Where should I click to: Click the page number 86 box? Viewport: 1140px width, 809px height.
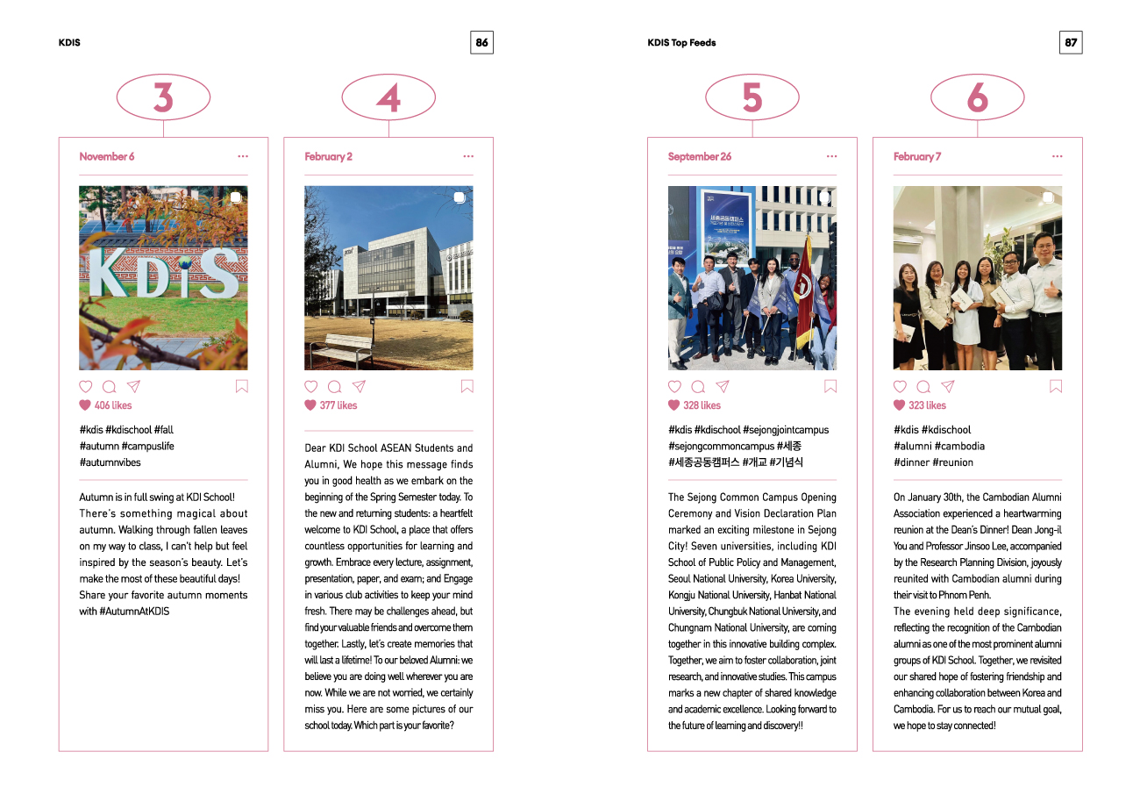click(x=481, y=42)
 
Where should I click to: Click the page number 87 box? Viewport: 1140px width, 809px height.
click(x=1071, y=42)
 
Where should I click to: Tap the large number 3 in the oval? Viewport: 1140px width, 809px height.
click(x=163, y=97)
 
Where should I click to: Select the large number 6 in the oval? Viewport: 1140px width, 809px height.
click(x=977, y=97)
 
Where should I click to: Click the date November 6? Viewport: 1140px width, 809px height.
click(x=107, y=157)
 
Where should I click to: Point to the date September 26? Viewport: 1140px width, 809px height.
click(x=699, y=157)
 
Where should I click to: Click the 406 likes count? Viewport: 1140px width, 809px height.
click(x=113, y=405)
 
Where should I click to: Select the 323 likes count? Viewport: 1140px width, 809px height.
click(x=927, y=405)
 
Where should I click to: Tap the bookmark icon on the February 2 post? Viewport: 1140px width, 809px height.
click(x=467, y=386)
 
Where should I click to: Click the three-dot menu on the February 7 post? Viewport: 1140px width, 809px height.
click(x=1057, y=157)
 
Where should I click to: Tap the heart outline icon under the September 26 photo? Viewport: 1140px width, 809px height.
click(x=674, y=386)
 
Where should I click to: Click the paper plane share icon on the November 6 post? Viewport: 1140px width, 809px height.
click(x=133, y=386)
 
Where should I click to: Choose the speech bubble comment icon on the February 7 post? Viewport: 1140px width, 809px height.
click(x=923, y=386)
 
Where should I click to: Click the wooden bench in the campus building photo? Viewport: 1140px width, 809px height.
click(x=341, y=348)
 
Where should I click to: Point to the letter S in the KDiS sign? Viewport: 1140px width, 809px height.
click(x=219, y=274)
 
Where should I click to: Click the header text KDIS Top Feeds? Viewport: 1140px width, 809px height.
click(x=681, y=42)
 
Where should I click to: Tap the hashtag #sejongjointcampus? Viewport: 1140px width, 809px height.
click(x=786, y=430)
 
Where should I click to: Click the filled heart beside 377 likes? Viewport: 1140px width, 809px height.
click(x=310, y=405)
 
